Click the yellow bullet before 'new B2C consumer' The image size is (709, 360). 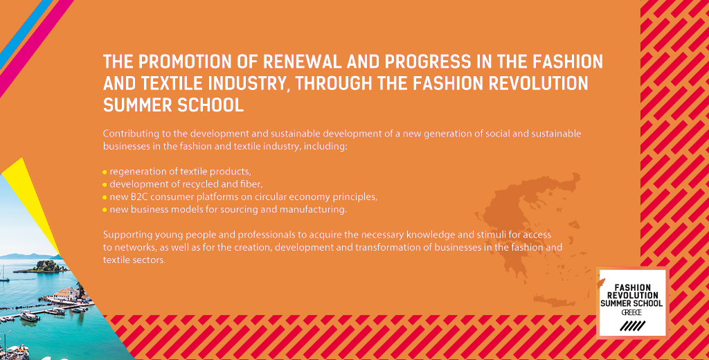pyautogui.click(x=105, y=197)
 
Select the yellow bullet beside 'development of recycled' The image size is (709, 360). pyautogui.click(x=105, y=185)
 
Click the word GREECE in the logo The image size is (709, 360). pyautogui.click(x=631, y=312)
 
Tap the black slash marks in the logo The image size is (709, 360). pyautogui.click(x=633, y=325)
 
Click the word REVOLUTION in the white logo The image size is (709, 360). pyautogui.click(x=633, y=296)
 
